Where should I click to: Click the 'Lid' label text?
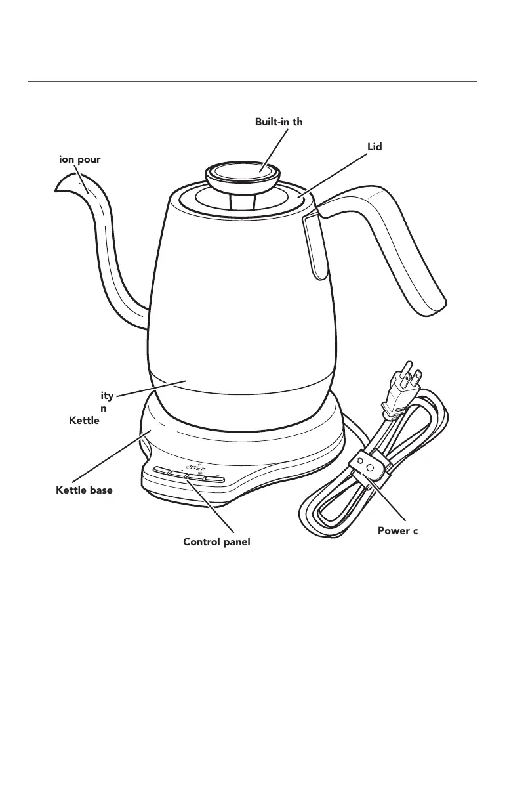[x=375, y=146]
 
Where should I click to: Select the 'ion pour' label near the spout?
[x=79, y=159]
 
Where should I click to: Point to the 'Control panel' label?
[x=217, y=542]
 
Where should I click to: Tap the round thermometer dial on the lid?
[x=243, y=171]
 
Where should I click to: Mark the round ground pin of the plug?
[x=409, y=366]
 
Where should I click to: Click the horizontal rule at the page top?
[x=253, y=82]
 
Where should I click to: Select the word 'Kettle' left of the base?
[x=84, y=420]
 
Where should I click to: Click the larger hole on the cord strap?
[x=370, y=468]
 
